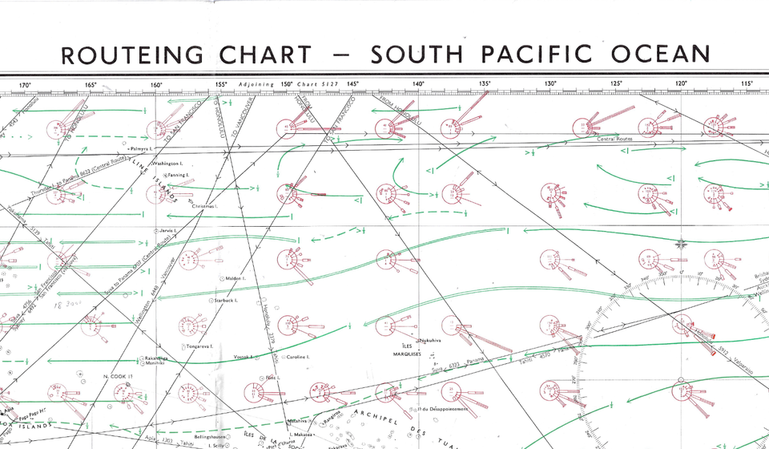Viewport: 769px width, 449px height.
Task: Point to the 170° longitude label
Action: pyautogui.click(x=25, y=84)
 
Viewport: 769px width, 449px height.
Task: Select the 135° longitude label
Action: pyautogui.click(x=485, y=84)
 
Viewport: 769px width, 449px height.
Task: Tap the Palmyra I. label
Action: pyautogui.click(x=141, y=149)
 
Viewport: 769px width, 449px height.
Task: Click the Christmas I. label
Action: pyautogui.click(x=204, y=206)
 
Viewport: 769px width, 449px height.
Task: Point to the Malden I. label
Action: pyautogui.click(x=235, y=278)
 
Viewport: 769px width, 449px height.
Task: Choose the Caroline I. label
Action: pyautogui.click(x=297, y=357)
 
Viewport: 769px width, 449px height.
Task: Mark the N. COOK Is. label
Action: pyautogui.click(x=117, y=375)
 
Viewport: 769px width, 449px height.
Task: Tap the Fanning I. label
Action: pyautogui.click(x=177, y=175)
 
